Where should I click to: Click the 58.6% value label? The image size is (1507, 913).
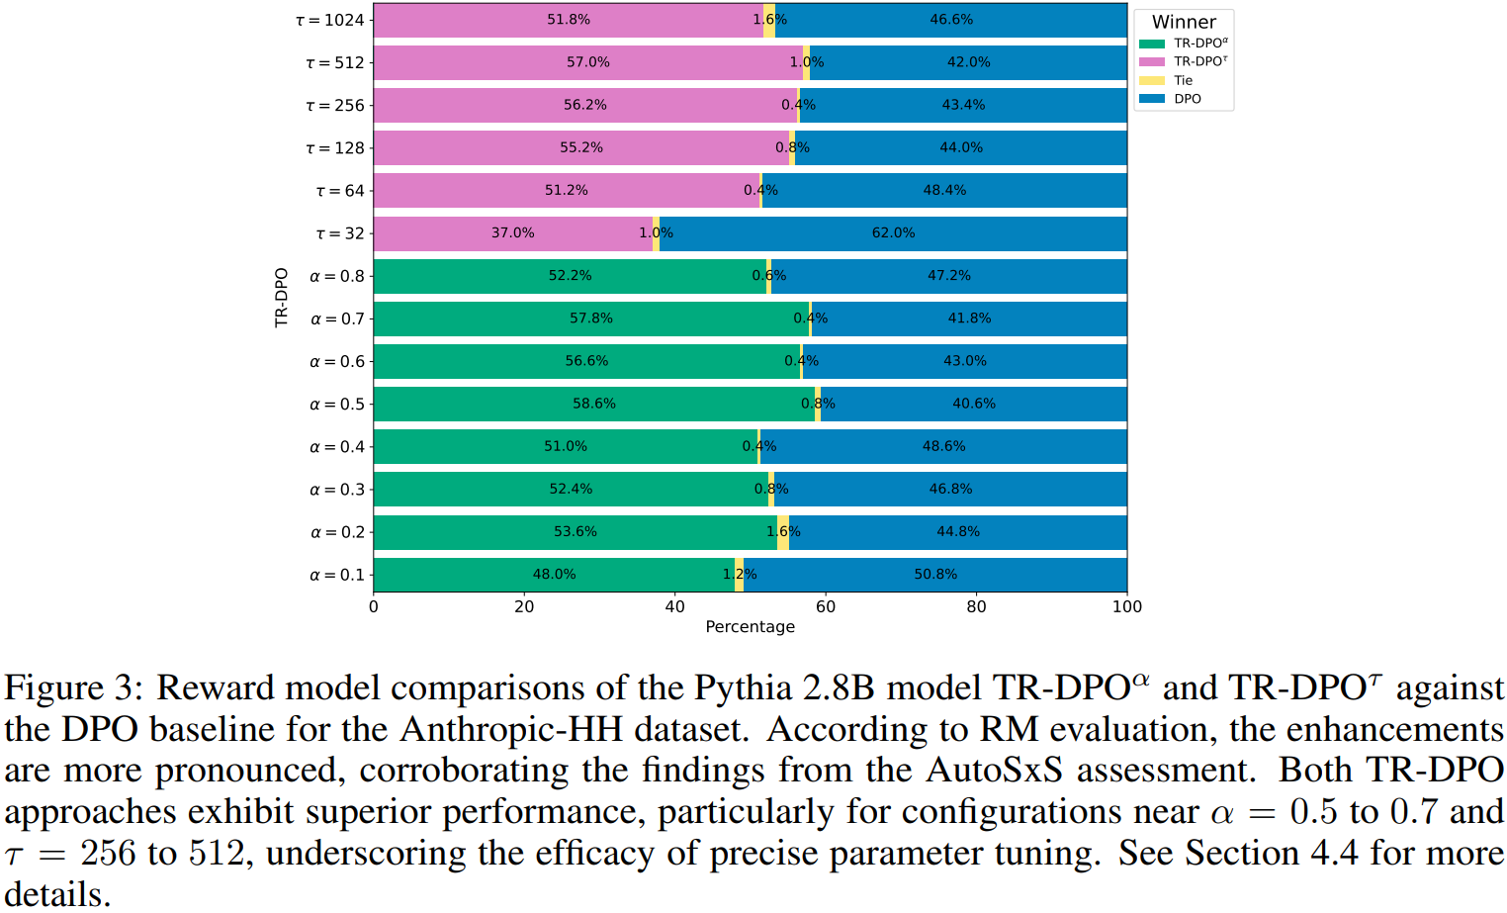(594, 404)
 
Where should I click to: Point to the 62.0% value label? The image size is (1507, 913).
(893, 233)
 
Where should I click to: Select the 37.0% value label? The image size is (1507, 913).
(512, 233)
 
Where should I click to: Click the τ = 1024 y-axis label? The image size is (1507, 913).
(330, 20)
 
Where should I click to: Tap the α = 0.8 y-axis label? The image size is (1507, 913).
(337, 276)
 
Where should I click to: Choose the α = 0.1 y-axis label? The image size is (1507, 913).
(337, 575)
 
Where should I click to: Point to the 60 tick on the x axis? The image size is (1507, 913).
(826, 606)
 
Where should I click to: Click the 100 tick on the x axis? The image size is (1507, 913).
(1127, 606)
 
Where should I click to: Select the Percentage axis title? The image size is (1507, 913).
(750, 626)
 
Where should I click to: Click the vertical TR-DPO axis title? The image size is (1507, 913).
(282, 297)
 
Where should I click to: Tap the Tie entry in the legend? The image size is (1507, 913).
(1183, 80)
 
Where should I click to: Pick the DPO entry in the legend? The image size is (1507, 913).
(1187, 99)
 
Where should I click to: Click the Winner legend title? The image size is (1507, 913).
(1184, 22)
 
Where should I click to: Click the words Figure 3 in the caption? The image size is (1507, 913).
(73, 688)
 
